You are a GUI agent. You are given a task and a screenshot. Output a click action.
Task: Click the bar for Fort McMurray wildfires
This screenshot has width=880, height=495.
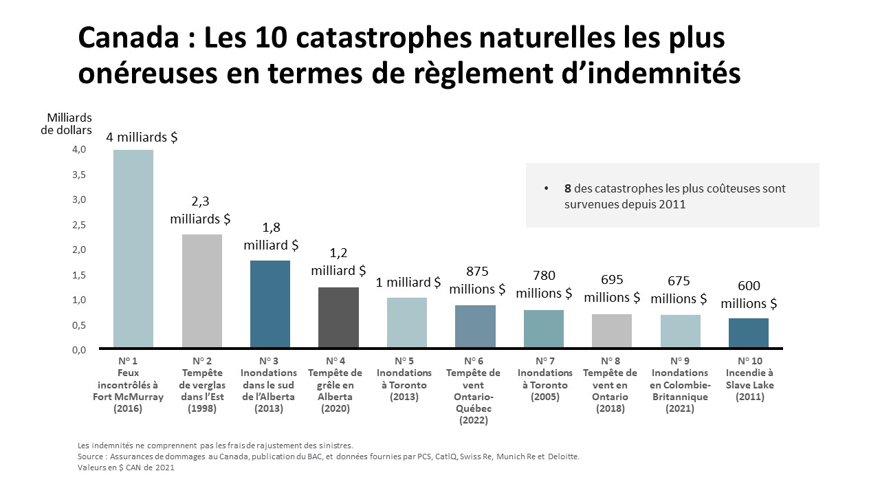[x=133, y=248]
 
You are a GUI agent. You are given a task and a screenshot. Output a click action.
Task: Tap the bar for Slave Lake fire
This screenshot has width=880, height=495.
[x=749, y=333]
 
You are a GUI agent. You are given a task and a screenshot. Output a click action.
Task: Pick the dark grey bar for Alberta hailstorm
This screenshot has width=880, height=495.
[x=338, y=317]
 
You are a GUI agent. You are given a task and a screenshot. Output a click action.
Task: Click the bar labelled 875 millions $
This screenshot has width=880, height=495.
[x=475, y=326]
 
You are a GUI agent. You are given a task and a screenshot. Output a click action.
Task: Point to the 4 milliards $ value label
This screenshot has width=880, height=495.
[x=142, y=137]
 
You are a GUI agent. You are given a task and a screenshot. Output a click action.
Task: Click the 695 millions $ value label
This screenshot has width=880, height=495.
[x=612, y=289]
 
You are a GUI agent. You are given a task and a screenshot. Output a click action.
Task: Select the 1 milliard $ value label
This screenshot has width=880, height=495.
[x=408, y=282]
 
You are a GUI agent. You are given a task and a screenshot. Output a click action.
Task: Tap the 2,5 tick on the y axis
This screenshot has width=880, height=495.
[x=79, y=225]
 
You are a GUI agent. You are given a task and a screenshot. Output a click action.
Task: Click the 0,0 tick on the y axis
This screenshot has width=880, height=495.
[x=79, y=350]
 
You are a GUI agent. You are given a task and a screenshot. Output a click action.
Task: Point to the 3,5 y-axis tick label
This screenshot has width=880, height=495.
[x=79, y=175]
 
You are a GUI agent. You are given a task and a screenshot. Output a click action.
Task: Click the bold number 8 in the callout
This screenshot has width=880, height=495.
[x=568, y=188]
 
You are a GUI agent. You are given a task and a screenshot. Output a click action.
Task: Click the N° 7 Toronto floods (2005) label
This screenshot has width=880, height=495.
[x=544, y=379]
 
